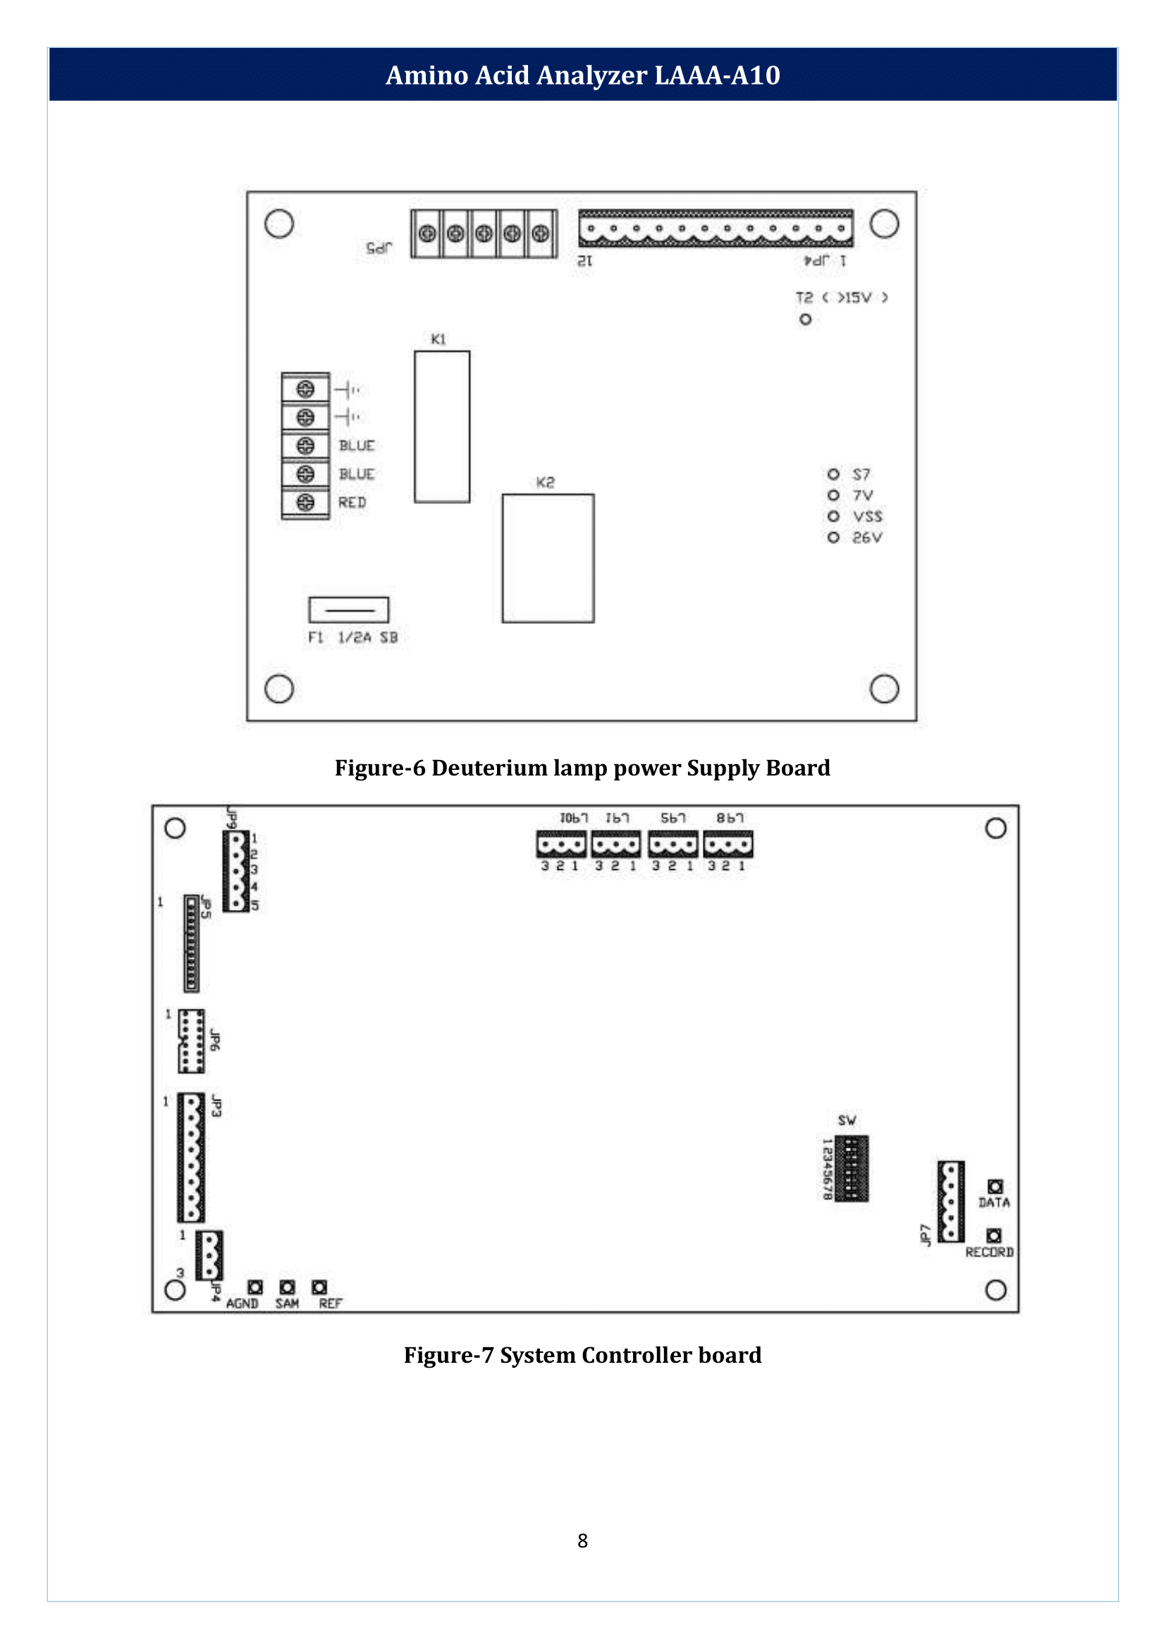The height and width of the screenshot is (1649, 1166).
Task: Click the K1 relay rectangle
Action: click(441, 427)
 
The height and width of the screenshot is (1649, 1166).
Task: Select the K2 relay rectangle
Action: click(548, 558)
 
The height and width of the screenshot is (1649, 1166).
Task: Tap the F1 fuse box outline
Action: click(348, 610)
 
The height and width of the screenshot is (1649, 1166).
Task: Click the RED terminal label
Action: click(352, 503)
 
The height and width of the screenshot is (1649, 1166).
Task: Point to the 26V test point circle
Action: click(833, 537)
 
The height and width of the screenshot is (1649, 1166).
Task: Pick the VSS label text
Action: click(867, 516)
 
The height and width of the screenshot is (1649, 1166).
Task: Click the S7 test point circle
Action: click(833, 474)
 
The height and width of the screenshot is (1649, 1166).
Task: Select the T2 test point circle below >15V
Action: click(805, 319)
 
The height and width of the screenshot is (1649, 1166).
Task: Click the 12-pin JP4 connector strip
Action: click(715, 229)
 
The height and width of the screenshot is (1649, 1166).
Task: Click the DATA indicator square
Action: click(995, 1186)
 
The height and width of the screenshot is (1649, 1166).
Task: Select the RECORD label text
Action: click(988, 1252)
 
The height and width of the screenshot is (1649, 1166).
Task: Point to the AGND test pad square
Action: click(255, 1287)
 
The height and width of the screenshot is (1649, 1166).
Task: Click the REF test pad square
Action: click(319, 1287)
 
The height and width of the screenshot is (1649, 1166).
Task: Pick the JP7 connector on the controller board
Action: click(950, 1201)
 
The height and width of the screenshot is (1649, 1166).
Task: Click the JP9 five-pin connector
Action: click(235, 871)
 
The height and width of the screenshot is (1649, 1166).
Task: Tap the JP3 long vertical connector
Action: click(191, 1157)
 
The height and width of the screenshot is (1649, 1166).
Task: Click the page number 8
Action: click(582, 1540)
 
